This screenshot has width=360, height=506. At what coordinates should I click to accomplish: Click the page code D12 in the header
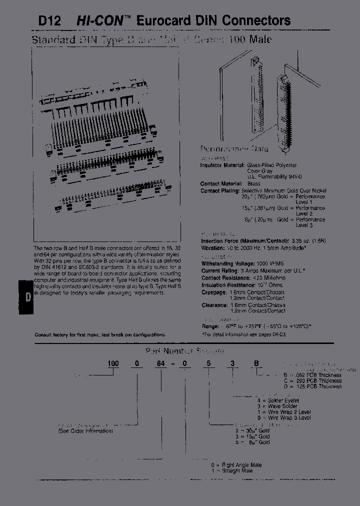pos(49,21)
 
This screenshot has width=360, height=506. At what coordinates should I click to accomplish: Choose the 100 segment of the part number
pos(113,364)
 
